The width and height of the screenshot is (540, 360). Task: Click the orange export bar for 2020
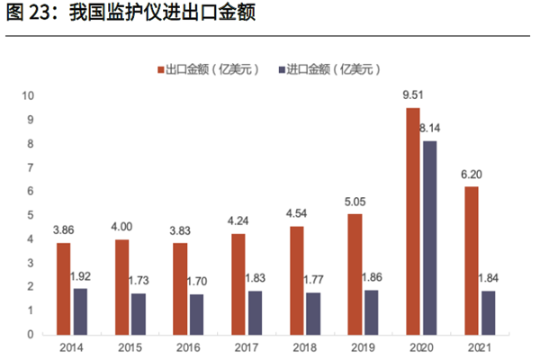413,220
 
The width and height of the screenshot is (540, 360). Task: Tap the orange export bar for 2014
63,288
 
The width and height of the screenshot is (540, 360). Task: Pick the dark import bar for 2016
196,314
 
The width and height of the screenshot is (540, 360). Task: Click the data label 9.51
413,94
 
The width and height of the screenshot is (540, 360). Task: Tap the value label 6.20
471,173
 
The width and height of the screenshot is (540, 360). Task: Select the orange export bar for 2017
238,283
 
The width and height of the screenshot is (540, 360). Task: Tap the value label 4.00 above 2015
121,226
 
